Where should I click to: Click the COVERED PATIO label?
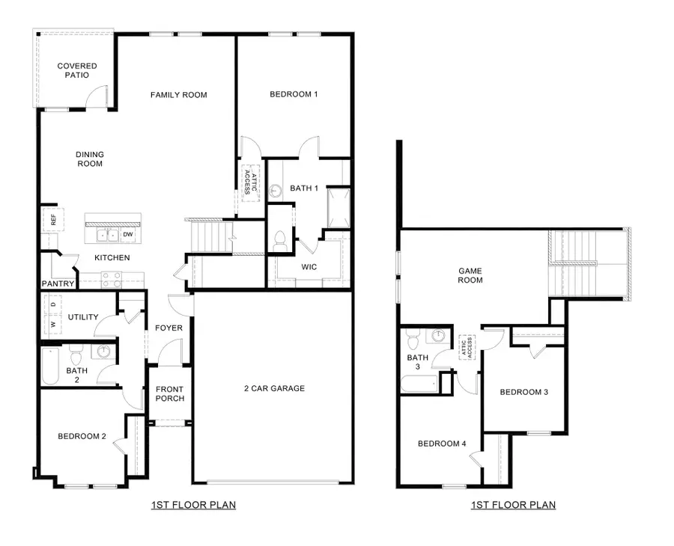[77, 70]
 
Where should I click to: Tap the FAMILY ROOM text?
[178, 95]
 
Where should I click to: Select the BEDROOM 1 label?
[294, 94]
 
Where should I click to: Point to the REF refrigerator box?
[53, 220]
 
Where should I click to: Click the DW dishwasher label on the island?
[128, 235]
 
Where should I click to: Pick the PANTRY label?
[58, 283]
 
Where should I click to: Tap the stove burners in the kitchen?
[111, 280]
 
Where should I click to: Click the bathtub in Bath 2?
[49, 366]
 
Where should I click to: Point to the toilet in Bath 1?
[281, 240]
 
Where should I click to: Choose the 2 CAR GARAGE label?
[274, 388]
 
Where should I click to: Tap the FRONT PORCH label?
[169, 393]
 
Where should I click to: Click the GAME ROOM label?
[470, 275]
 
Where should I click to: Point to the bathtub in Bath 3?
[419, 384]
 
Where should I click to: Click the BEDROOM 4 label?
[442, 444]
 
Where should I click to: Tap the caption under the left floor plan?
[193, 505]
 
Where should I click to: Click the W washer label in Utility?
[52, 325]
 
